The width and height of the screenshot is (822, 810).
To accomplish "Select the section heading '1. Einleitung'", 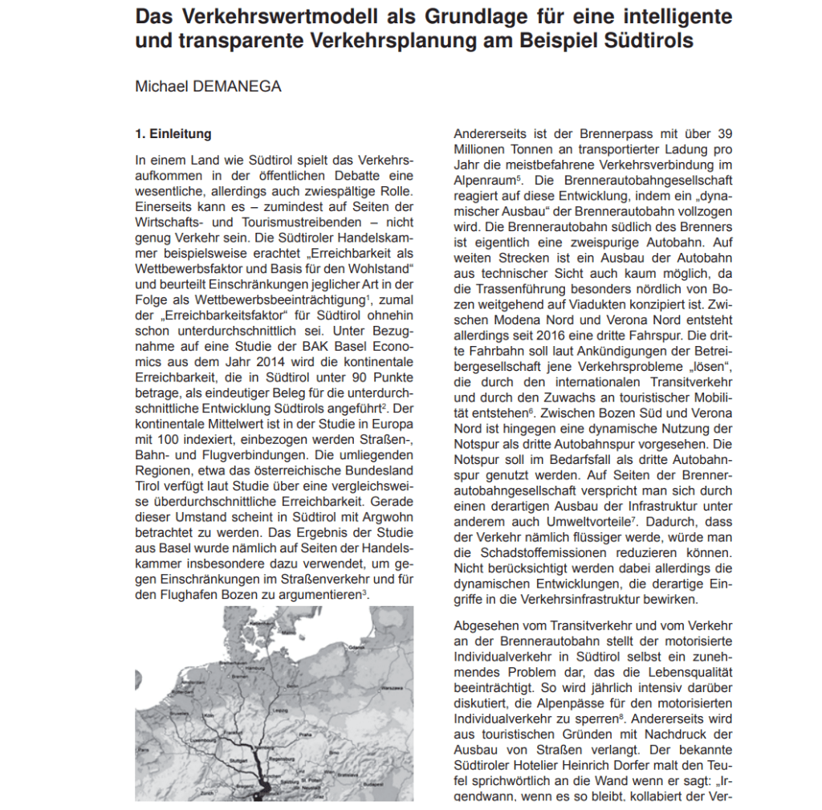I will (173, 134).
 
